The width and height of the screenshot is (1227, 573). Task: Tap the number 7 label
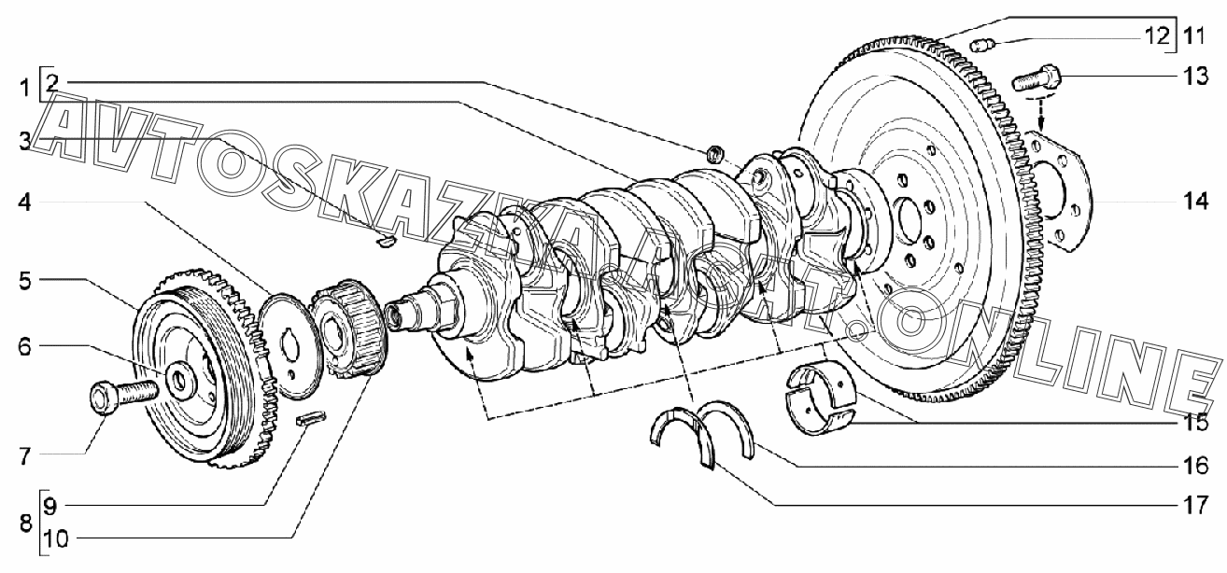point(25,456)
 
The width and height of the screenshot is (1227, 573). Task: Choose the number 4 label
point(24,203)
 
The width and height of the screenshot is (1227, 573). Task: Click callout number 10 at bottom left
point(56,539)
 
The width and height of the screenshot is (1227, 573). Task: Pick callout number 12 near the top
point(1156,36)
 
